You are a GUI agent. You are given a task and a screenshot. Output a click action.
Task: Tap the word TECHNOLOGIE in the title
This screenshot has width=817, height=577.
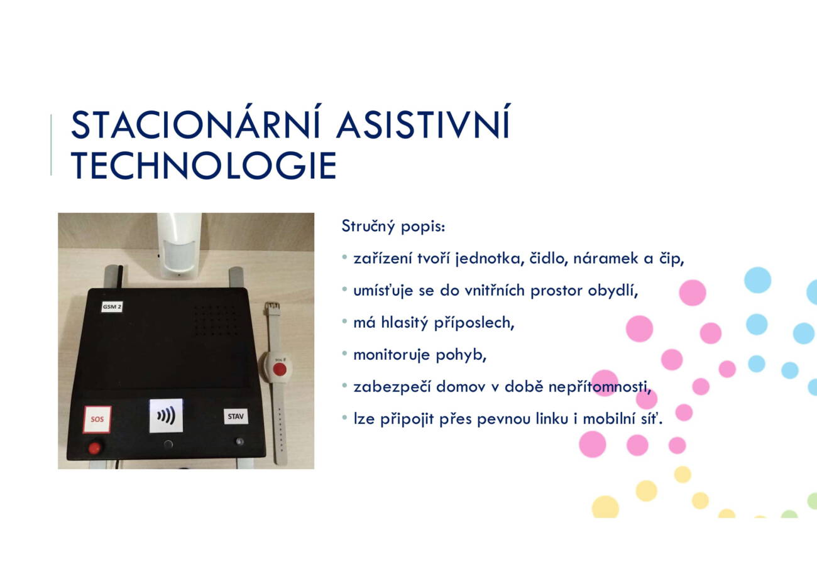[x=204, y=166]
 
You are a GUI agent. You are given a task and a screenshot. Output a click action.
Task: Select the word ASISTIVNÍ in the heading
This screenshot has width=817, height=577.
[x=423, y=122]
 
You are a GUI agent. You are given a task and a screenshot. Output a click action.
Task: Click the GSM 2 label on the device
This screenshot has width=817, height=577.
[x=112, y=307]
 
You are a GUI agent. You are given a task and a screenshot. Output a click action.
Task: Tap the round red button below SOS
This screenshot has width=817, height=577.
[x=94, y=448]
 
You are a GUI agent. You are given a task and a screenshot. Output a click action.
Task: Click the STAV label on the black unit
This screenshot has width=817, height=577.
[x=236, y=416]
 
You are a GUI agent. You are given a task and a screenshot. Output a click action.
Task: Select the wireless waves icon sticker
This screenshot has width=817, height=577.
[x=166, y=416]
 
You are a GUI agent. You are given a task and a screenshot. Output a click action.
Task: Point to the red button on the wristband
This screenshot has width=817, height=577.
[x=280, y=370]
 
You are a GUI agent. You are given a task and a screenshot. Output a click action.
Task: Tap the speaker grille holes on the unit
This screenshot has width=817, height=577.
[x=216, y=320]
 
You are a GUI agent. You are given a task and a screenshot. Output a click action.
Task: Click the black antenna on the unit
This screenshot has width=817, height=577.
[x=120, y=276]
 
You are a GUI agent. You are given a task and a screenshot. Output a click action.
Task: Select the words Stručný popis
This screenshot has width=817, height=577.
[x=393, y=227]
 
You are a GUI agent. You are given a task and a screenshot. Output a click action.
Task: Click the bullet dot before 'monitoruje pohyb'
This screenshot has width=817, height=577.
[x=344, y=353]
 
